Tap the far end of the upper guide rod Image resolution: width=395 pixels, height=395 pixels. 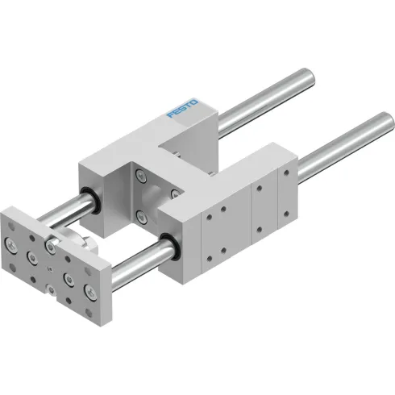coord(306,73)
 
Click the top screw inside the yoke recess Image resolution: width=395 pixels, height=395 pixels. coord(142,174)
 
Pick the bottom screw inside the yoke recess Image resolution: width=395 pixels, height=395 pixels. coord(141,215)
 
